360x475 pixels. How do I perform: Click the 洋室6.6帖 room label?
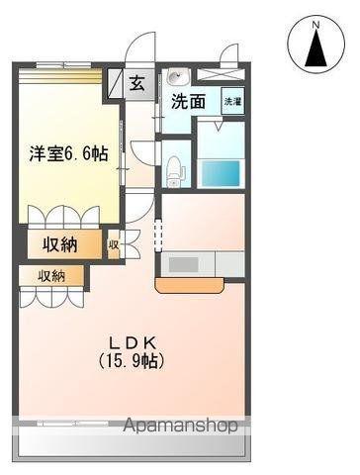tap(56, 153)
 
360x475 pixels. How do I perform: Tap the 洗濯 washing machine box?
tap(232, 101)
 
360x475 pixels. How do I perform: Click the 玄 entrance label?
tap(136, 83)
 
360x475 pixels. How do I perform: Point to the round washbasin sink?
tap(175, 77)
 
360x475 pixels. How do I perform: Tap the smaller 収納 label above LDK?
tap(52, 276)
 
